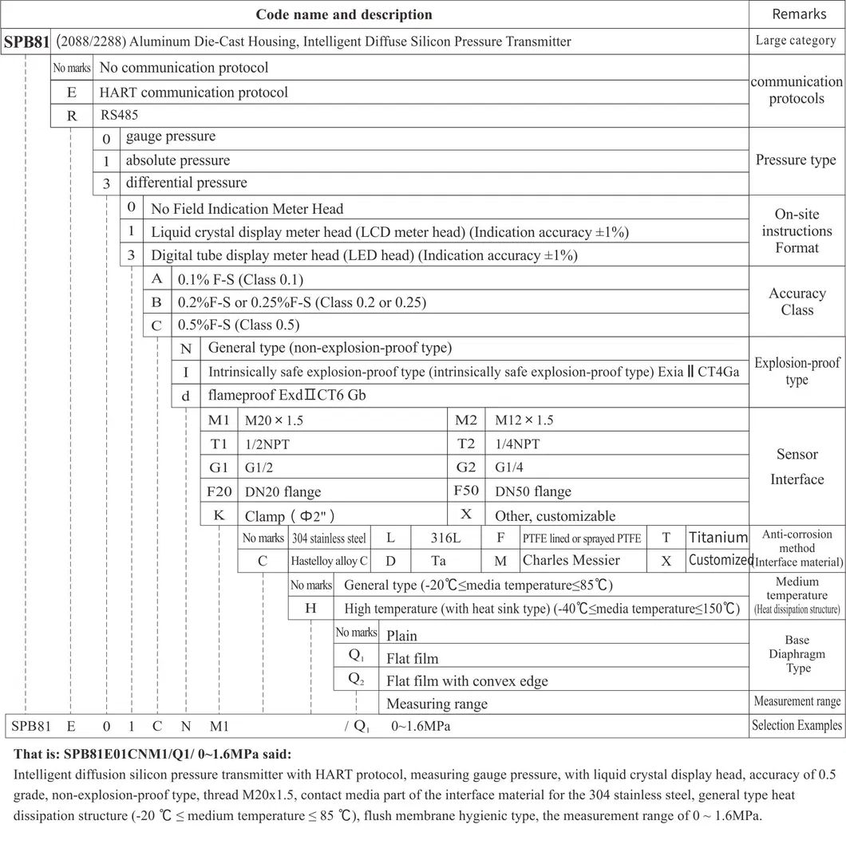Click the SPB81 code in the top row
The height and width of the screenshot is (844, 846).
[27, 41]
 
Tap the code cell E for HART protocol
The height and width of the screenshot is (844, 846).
[72, 92]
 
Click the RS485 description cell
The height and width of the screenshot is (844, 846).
[120, 115]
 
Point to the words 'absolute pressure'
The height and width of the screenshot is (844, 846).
[177, 160]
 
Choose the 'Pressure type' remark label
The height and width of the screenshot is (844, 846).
[796, 160]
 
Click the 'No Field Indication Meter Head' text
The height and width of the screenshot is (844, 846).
[247, 209]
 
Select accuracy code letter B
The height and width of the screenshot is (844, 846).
[157, 302]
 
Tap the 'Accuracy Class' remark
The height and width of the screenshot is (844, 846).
[797, 302]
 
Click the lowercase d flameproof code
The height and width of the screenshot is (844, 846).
[186, 395]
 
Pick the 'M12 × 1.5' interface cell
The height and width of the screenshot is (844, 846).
[524, 420]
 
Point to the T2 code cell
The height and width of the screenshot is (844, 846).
[466, 444]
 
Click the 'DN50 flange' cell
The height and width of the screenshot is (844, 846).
[533, 491]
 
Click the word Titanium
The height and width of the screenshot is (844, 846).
[718, 538]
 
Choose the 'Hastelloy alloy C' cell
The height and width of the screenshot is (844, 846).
[329, 561]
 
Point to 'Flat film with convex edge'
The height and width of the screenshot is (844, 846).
[467, 681]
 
